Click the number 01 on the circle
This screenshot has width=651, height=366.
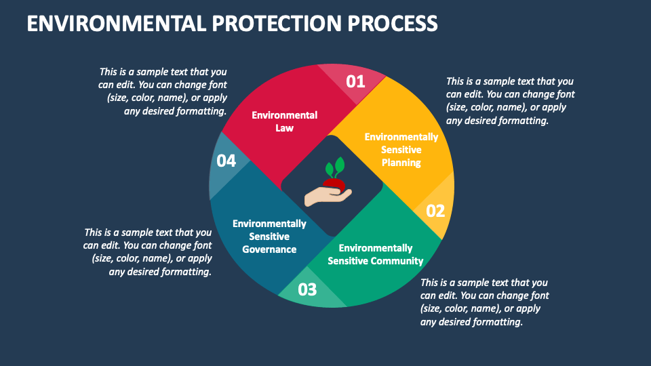[x=355, y=82]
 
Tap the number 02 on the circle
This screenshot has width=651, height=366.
[x=435, y=211]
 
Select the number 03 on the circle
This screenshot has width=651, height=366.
[x=307, y=290]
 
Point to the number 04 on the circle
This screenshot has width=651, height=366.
[x=226, y=161]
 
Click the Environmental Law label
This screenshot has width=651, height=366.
[x=284, y=121]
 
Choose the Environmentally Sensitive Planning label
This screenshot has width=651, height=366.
[x=401, y=150]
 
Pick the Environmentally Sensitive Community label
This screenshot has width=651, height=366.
[x=375, y=255]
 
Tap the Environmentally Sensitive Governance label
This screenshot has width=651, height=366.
[x=269, y=236]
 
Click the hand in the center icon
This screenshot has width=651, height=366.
[x=328, y=196]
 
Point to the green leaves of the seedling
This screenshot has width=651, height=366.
[x=335, y=167]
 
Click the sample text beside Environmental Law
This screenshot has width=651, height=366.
[x=163, y=91]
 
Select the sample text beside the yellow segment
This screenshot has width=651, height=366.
[x=510, y=101]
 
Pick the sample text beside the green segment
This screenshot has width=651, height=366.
[x=484, y=302]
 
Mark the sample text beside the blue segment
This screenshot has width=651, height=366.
[x=148, y=251]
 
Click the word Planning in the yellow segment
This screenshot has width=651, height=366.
[x=401, y=163]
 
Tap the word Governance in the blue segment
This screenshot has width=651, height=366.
[x=269, y=249]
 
